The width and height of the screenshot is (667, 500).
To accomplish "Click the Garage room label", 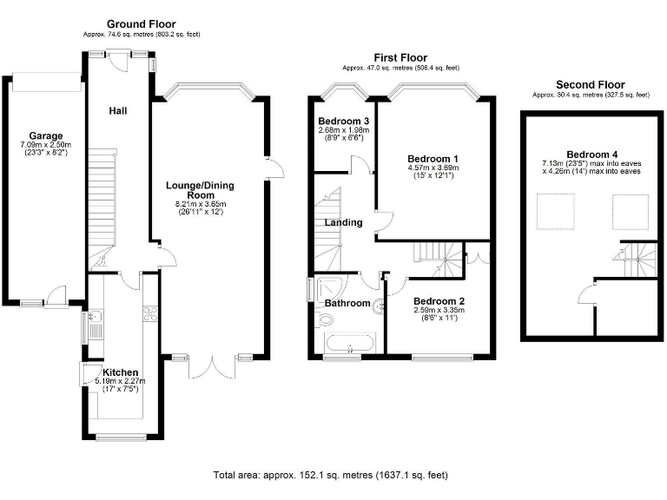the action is click(46, 136).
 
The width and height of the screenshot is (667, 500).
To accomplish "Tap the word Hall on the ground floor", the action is click(118, 111).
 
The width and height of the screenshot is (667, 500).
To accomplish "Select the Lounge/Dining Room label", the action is click(201, 190).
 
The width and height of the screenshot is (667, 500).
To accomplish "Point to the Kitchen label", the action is click(121, 372).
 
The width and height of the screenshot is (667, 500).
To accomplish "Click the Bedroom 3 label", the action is click(344, 122).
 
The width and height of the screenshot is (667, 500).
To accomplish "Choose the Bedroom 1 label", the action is click(433, 159).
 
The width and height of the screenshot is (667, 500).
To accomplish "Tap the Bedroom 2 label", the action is click(439, 301).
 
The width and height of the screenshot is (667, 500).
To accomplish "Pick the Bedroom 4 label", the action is click(592, 155).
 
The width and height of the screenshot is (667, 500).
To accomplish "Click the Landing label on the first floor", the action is click(343, 222).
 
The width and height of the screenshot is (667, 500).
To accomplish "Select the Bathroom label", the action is click(347, 303).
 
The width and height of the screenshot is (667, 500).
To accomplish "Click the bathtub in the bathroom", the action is click(350, 344).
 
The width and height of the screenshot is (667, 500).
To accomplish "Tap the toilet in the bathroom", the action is click(326, 319).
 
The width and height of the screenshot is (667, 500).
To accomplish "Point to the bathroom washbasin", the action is click(378, 306).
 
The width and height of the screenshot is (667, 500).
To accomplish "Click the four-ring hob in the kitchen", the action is click(150, 313).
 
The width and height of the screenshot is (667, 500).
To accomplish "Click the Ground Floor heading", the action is click(142, 23).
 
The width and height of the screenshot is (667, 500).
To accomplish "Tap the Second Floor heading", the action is click(591, 84).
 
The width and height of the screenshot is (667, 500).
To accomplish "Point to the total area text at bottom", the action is click(331, 475).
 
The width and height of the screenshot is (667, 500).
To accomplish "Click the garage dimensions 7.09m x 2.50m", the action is click(46, 145).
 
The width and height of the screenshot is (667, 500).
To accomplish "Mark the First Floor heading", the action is click(400, 57).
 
